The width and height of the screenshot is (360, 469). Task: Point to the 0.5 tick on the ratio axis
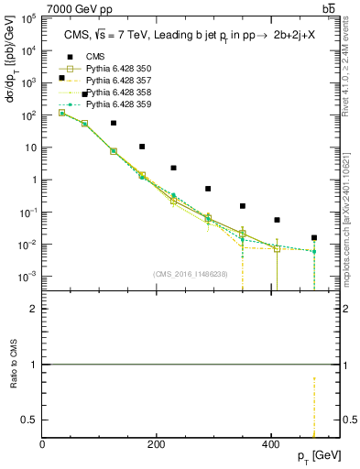click(x=32, y=420)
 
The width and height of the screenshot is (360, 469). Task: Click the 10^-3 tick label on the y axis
click(x=28, y=277)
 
